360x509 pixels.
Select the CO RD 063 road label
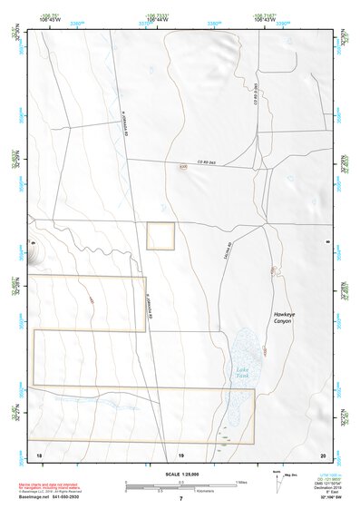[208, 162]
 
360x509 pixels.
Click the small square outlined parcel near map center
[161, 235]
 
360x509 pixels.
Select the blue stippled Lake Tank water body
[240, 381]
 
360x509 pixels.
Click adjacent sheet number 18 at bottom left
[38, 453]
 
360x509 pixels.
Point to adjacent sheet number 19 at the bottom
[180, 453]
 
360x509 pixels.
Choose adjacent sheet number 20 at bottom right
[323, 453]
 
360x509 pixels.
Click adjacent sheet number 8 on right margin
[327, 241]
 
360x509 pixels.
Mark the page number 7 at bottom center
[180, 498]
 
